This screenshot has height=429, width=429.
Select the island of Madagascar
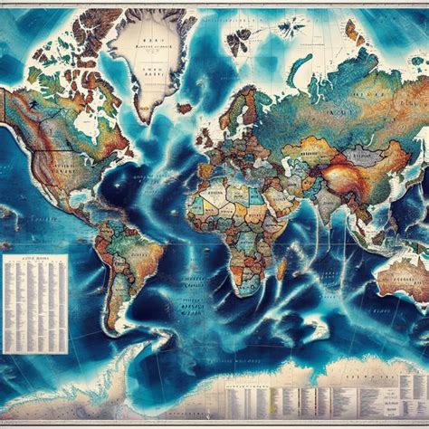point(281,266)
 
